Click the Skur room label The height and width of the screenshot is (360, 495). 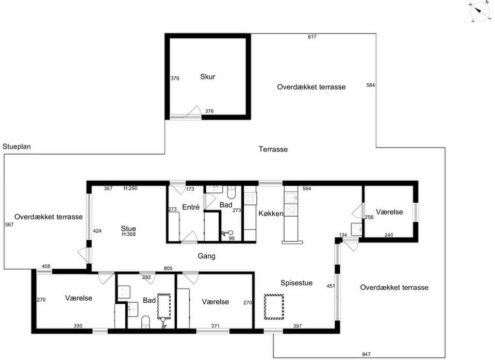coord(208,77)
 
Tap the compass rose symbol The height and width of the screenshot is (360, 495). coord(480,12)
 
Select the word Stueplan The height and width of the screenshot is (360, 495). coord(16,147)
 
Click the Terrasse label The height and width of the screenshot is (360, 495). coord(273,150)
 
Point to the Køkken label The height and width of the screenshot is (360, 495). coord(271,214)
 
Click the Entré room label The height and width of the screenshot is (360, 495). coord(191,207)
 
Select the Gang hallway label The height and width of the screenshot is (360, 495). coord(206,256)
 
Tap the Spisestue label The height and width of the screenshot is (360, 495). coord(296,283)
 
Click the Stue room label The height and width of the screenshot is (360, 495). coord(128,228)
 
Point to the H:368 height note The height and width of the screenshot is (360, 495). coord(129,234)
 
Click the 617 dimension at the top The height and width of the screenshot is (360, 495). coord(312,37)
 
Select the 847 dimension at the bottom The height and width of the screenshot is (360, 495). coord(366,354)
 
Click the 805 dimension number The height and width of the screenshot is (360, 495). coord(168,268)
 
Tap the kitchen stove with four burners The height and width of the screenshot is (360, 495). coord(251,199)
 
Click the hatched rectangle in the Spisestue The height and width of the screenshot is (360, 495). coord(274,307)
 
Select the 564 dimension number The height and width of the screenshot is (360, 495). coord(371,85)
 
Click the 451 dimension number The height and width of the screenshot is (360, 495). coord(331,286)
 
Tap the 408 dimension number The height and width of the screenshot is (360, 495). coord(46,266)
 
